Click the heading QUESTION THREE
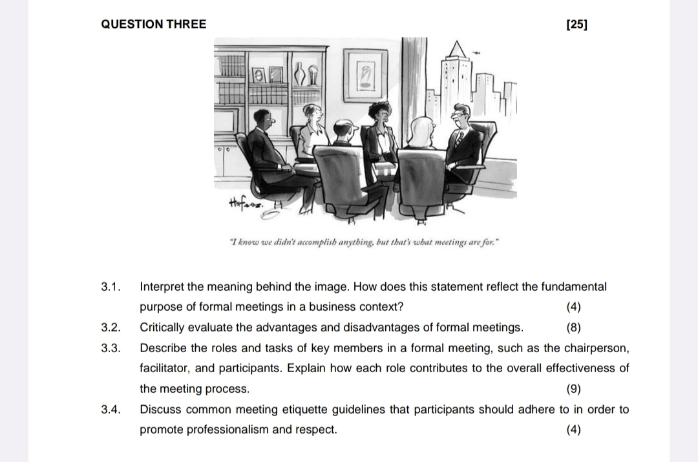(154, 25)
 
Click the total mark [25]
(576, 25)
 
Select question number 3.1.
(112, 286)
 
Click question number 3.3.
(112, 348)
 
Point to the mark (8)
(573, 328)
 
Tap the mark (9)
(573, 389)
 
